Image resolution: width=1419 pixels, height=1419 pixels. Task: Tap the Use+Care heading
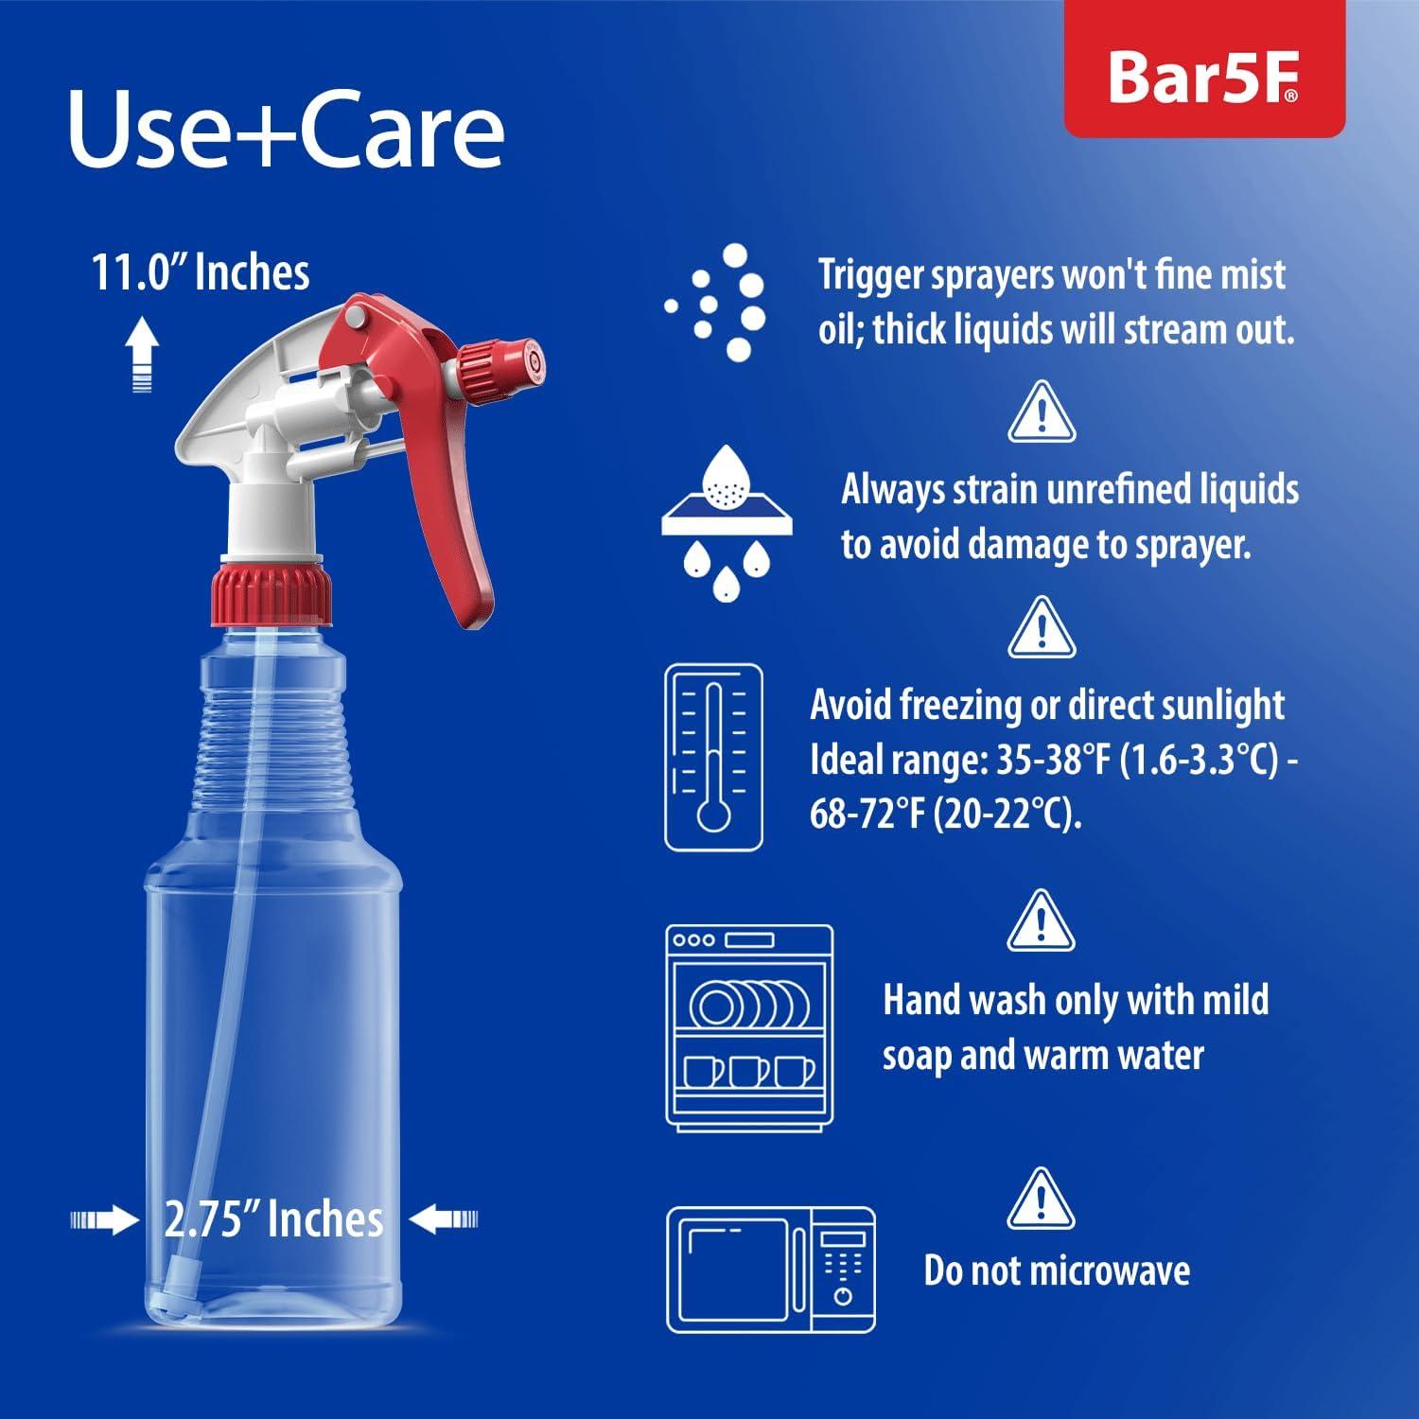(286, 130)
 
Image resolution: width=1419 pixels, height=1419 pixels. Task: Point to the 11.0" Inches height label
(201, 273)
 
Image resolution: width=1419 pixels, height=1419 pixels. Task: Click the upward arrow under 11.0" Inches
(141, 355)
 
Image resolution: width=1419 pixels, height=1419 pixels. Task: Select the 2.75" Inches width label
(273, 1219)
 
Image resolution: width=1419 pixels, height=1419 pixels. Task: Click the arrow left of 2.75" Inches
(104, 1219)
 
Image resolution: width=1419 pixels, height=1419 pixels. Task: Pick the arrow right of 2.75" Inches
(444, 1219)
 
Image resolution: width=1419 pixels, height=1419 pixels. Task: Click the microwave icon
(771, 1270)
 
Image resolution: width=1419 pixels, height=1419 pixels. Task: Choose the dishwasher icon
(750, 1027)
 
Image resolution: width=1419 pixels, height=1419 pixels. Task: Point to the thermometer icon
(713, 758)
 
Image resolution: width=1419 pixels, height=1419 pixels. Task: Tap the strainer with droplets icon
(727, 522)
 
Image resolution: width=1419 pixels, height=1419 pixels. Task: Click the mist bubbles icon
(719, 303)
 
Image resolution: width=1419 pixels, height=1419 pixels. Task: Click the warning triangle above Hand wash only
(1041, 920)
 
